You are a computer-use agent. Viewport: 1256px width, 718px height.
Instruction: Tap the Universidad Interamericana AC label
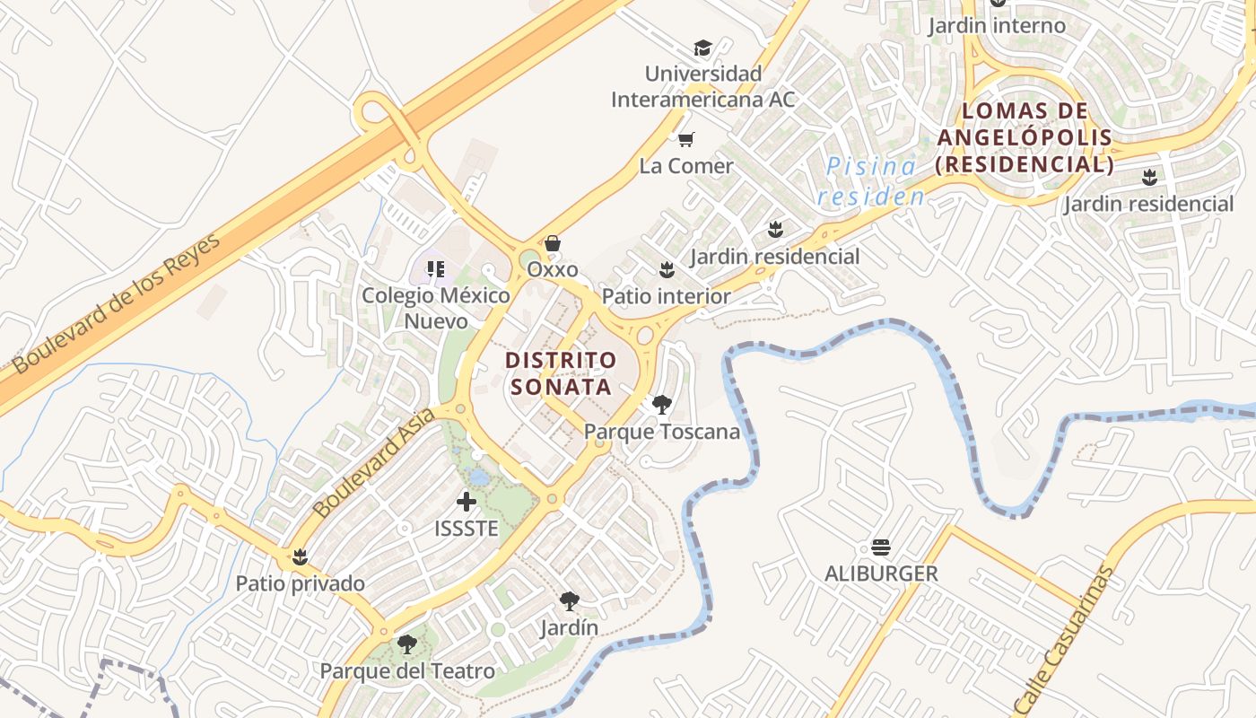point(703,86)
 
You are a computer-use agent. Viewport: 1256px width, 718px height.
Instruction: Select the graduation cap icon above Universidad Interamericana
point(702,48)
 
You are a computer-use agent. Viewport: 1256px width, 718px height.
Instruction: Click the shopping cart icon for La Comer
point(686,139)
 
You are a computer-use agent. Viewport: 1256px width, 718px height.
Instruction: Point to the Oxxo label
point(553,269)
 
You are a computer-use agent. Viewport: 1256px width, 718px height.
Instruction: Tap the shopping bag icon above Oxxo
point(553,243)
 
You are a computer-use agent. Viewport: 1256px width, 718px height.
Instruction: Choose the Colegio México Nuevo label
point(436,308)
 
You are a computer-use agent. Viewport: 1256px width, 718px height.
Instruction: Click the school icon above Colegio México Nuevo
point(436,268)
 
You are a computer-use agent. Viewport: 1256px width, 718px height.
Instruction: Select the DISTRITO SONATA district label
point(562,373)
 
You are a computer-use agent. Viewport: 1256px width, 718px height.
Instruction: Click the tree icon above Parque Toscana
point(662,405)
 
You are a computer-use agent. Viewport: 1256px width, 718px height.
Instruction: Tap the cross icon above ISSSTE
point(467,502)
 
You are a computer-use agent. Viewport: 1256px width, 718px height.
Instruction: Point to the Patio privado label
point(300,583)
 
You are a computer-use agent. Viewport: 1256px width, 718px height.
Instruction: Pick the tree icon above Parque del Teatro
point(407,644)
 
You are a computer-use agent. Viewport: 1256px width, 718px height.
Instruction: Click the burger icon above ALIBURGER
point(881,547)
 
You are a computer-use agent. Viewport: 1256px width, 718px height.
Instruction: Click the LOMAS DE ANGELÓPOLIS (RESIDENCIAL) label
point(1025,138)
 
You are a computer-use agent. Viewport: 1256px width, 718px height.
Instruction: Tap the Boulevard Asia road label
point(375,462)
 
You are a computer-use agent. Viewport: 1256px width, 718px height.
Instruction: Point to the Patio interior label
point(666,296)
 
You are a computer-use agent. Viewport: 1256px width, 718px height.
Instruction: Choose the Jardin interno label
point(997,25)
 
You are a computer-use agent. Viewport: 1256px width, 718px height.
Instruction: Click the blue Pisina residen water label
point(870,180)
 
